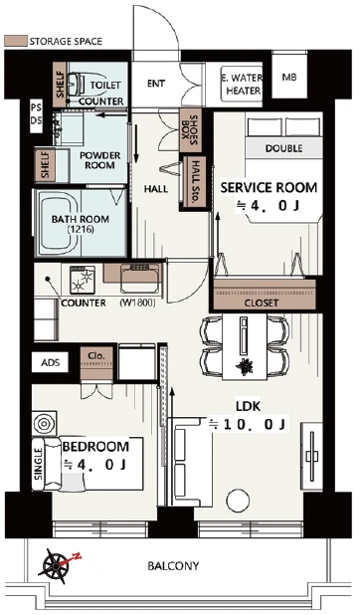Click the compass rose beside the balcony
[58, 565]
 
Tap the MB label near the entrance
[289, 78]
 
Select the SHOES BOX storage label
[191, 129]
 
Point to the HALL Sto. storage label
[195, 181]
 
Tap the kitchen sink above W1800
[140, 278]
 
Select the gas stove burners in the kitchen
[83, 280]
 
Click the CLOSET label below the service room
[262, 303]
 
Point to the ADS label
[51, 362]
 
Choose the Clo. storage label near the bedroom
[96, 356]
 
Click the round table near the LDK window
[238, 501]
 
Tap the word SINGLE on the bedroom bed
[38, 464]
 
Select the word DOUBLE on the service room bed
[283, 148]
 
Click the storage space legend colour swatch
[16, 41]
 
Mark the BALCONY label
[173, 566]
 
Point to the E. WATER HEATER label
[243, 84]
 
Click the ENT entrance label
[156, 84]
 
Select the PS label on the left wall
[37, 107]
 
